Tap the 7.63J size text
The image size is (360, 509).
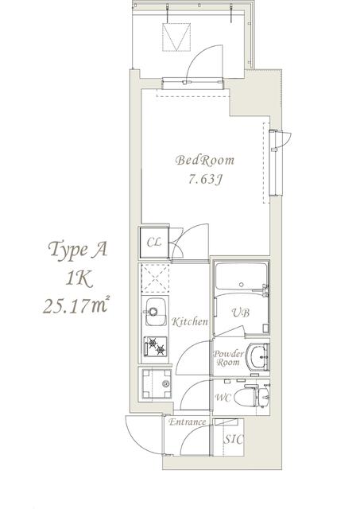[x=205, y=180]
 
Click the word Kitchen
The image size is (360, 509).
[x=190, y=322]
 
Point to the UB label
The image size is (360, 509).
[x=241, y=313]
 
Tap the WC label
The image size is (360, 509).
[x=223, y=398]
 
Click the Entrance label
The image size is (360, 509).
[x=188, y=422]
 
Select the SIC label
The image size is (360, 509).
[x=233, y=439]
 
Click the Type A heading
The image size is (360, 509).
[x=77, y=251]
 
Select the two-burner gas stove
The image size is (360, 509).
[x=156, y=348]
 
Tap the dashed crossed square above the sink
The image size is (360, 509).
[x=156, y=280]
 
